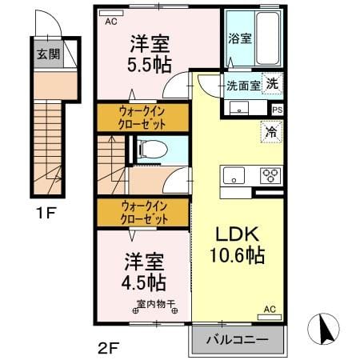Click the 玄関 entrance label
click(x=48, y=54)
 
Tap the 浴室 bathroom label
click(x=240, y=39)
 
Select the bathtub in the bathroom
click(x=268, y=38)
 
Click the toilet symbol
click(x=152, y=149)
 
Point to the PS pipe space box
click(x=278, y=110)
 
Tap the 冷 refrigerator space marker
click(x=271, y=132)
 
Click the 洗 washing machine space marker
click(x=272, y=83)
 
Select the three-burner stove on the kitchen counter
click(x=270, y=175)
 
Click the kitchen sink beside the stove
click(x=234, y=175)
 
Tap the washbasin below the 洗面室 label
click(x=239, y=108)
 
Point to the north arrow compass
click(x=323, y=329)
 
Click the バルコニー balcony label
click(x=237, y=340)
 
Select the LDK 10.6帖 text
click(x=237, y=245)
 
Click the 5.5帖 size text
click(x=150, y=65)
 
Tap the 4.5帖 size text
click(x=144, y=282)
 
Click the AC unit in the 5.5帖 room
click(x=111, y=13)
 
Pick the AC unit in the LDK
click(x=270, y=317)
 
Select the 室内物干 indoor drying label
click(x=156, y=304)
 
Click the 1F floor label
click(x=46, y=213)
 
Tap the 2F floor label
click(x=108, y=348)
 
